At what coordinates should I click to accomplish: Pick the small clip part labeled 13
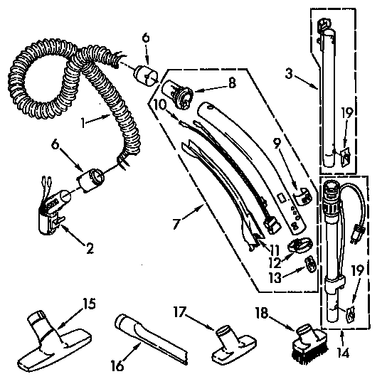point(310,265)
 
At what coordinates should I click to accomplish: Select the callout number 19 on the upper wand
point(346,112)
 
